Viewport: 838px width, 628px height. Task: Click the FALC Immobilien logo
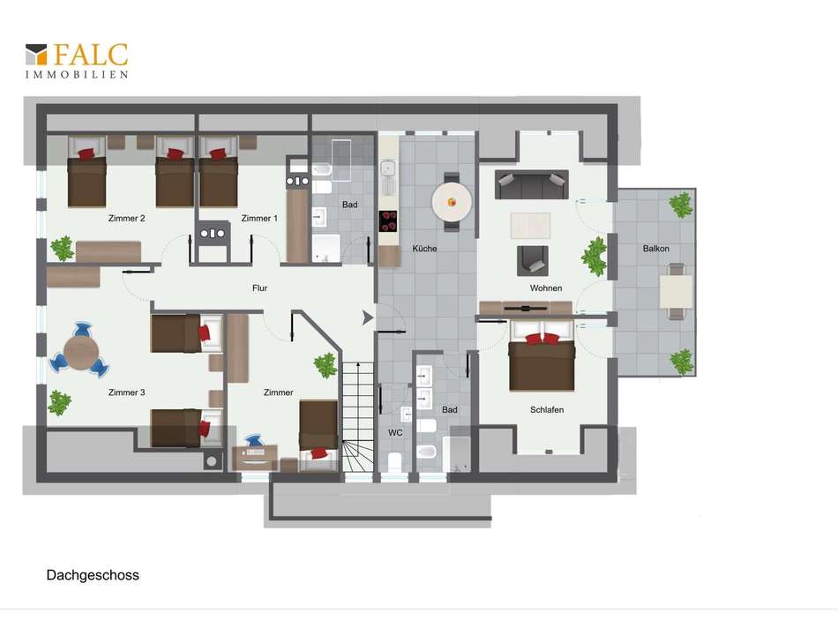coord(77,61)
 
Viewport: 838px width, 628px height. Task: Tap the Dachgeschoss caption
coord(93,575)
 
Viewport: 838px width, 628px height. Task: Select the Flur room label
coord(259,288)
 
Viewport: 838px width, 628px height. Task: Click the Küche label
coord(424,249)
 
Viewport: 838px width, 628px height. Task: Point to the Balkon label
coord(655,249)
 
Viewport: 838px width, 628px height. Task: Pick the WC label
coord(395,432)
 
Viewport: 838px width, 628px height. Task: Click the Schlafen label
coord(547,410)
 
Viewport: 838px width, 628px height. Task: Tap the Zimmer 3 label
coord(127,392)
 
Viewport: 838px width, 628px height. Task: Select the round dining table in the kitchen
coord(452,203)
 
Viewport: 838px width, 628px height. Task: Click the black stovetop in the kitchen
coord(388,221)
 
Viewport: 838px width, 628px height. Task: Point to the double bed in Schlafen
coord(542,355)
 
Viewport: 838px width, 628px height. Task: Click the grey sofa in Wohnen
coord(531,184)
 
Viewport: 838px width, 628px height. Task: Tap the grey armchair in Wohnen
coord(532,261)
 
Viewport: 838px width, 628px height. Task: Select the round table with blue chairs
coord(80,353)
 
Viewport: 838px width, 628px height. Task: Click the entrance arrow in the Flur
coord(368,318)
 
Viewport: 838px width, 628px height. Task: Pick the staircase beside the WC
coord(357,417)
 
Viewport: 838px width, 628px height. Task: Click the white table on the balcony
coord(676,291)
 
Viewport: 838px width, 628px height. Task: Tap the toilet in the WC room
coord(394,461)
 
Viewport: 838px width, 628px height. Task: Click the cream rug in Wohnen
coord(530,225)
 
